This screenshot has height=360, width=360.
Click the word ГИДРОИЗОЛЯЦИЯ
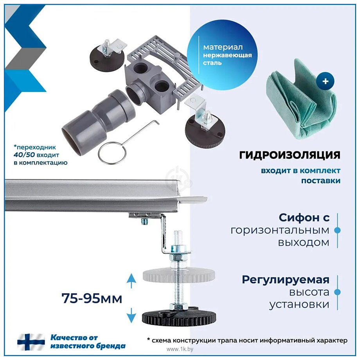click(290, 155)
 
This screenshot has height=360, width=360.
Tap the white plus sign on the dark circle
click(325, 81)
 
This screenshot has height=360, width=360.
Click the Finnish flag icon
click(31, 342)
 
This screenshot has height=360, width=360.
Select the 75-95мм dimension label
click(92, 299)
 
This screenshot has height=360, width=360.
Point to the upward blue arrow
click(131, 281)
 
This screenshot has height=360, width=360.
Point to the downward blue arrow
click(131, 316)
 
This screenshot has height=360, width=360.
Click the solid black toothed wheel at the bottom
click(178, 317)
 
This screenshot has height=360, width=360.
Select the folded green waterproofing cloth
click(301, 99)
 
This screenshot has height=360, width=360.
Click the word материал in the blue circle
click(223, 47)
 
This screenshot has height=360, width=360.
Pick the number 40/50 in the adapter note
click(24, 155)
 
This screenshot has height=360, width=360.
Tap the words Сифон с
click(304, 218)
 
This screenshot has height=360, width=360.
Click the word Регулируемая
click(286, 280)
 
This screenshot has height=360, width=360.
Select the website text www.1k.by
click(180, 349)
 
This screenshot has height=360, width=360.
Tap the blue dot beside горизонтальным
click(337, 230)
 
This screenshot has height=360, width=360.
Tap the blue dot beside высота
click(337, 292)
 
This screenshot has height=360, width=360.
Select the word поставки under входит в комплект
click(321, 181)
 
